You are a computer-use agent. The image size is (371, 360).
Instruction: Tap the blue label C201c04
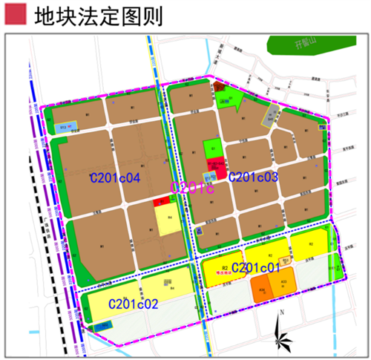115,178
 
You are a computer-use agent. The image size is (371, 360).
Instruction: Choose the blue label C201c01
256,267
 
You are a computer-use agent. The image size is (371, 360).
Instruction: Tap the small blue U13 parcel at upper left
65,128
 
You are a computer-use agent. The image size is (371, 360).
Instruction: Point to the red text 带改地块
222,272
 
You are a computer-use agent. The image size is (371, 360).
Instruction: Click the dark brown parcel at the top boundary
220,88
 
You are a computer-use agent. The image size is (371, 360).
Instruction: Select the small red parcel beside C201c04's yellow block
159,202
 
